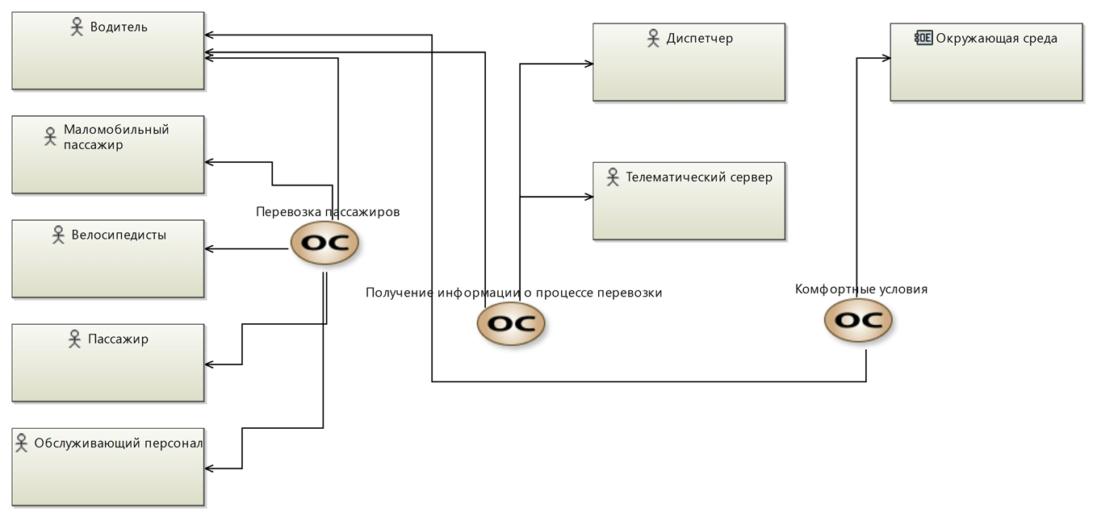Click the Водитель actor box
pos(107,56)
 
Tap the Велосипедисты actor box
pos(107,266)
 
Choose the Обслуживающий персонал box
pos(107,476)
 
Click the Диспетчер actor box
pos(689,69)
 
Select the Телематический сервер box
pos(689,206)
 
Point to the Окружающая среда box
pos(986,69)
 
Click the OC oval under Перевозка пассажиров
pos(324,243)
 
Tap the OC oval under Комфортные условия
pos(858,320)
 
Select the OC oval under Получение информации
pos(511,323)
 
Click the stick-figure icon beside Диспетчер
pos(654,38)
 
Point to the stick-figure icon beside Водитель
pos(77,27)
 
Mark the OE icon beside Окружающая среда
pos(923,37)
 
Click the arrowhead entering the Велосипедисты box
pos(209,249)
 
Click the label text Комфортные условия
pos(861,289)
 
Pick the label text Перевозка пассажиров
pos(328,212)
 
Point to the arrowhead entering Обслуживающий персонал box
pos(209,468)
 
